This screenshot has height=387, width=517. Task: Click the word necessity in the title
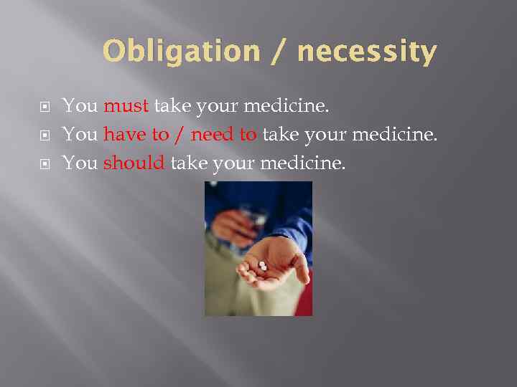[x=366, y=52]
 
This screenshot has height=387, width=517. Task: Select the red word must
[x=126, y=107]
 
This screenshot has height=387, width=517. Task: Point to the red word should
[x=134, y=163]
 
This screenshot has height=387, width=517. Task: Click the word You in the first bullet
[x=80, y=107]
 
